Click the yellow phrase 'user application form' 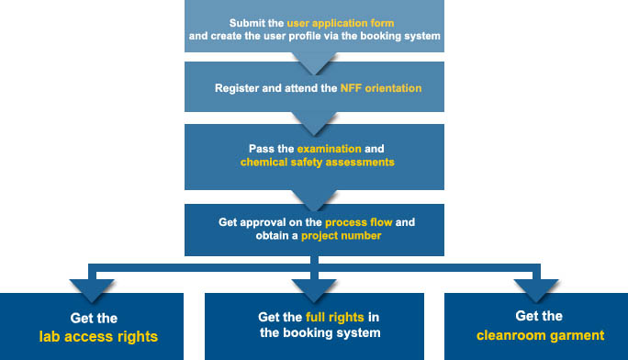point(341,23)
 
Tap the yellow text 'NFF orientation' point(381,88)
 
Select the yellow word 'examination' point(330,149)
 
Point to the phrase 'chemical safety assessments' point(317,163)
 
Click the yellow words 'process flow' point(358,222)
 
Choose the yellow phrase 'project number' point(341,235)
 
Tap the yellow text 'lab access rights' point(98,337)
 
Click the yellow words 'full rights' point(335,317)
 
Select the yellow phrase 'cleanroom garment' point(540,335)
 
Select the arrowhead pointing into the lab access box point(92,291)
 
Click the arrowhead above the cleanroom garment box point(536,291)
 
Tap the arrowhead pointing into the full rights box point(314,291)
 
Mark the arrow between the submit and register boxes point(314,63)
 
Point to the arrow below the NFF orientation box point(314,124)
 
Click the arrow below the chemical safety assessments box point(314,200)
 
